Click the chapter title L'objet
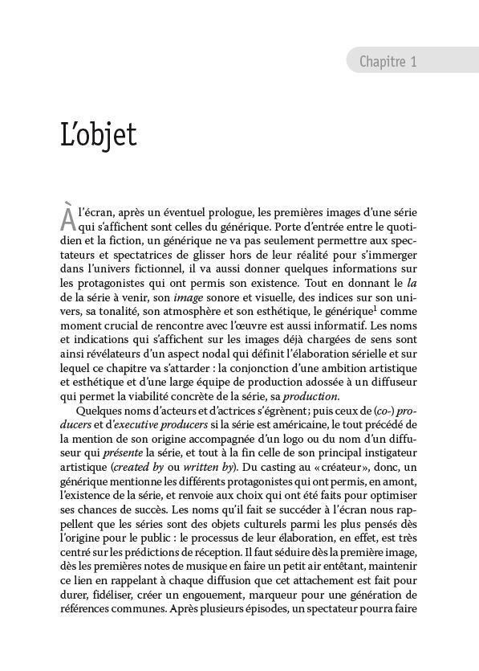(99, 134)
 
